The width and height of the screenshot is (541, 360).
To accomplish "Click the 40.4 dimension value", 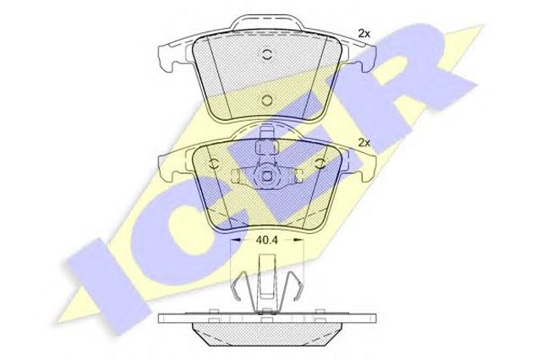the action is tap(266, 240).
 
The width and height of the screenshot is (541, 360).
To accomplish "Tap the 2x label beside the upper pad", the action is tap(364, 34).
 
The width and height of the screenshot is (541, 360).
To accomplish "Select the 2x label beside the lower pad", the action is tap(364, 143).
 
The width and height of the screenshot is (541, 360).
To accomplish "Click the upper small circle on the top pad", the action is tap(267, 54).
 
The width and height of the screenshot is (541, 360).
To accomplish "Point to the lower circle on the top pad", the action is tap(267, 101).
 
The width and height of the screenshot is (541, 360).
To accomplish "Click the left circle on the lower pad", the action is tap(214, 163).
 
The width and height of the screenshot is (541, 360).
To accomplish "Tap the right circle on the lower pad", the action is tap(320, 163).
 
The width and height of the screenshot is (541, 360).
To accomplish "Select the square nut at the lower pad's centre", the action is tap(267, 177).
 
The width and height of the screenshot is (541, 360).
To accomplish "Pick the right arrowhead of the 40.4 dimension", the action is tap(298, 240).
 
